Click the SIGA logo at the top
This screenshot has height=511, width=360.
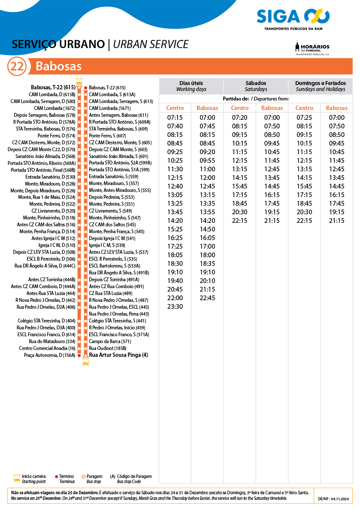coord(293,17)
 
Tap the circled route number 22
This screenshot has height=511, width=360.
coord(17,67)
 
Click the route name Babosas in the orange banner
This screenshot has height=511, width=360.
coord(58,67)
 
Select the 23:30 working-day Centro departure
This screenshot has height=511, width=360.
coord(175,307)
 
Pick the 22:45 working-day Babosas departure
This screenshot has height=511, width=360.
coord(207,298)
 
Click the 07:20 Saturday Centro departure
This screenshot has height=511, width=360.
coord(239,118)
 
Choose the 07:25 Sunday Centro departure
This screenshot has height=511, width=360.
coord(304,118)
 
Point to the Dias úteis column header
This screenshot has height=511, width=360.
coord(191,86)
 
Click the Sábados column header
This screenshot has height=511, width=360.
coord(256,86)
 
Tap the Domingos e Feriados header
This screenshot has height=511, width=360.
coord(320,86)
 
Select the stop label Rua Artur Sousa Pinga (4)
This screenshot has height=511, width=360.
coord(118,355)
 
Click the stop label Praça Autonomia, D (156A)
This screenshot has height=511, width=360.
coord(50,355)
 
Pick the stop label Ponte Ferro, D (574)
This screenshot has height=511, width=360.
coord(57,136)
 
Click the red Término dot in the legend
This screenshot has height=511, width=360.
coord(57,477)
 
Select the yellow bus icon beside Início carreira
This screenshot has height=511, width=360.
coord(17,478)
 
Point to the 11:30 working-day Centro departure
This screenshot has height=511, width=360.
coord(175,169)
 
